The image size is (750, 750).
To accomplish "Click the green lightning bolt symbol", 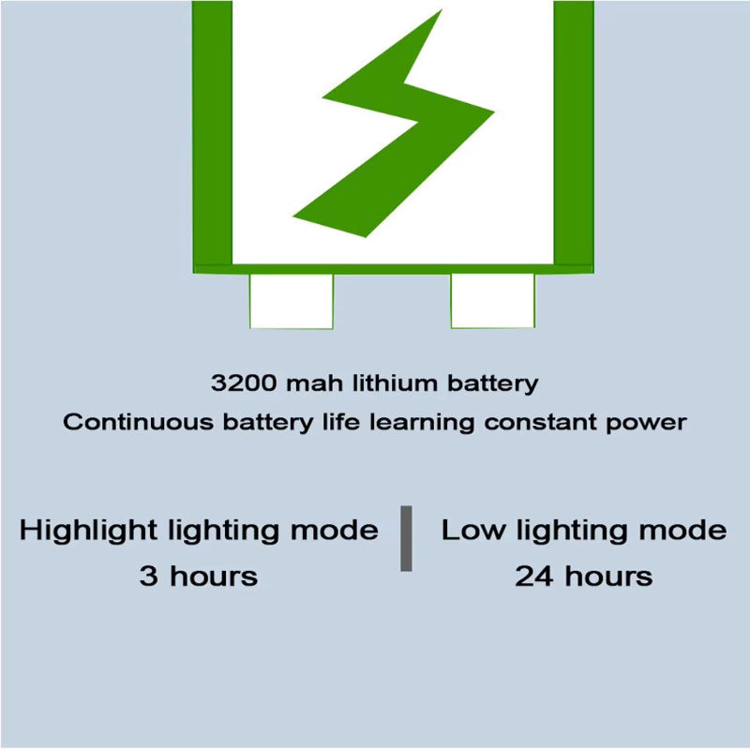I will (403, 131).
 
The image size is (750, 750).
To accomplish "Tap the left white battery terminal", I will (291, 300).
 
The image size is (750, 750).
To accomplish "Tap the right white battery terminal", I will (492, 300).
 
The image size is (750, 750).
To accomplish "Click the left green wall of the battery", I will (212, 131).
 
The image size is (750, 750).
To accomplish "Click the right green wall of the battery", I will (573, 131).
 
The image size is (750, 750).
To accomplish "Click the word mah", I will (305, 383).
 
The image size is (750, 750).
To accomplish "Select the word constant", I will (535, 423).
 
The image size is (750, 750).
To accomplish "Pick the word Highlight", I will (88, 532).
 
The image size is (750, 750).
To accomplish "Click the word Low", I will (473, 532).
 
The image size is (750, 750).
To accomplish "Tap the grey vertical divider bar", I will (406, 538).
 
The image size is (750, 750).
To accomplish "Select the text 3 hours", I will (198, 577).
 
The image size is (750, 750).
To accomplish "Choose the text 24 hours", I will (583, 577).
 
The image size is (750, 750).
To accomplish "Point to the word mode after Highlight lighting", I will (334, 532).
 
